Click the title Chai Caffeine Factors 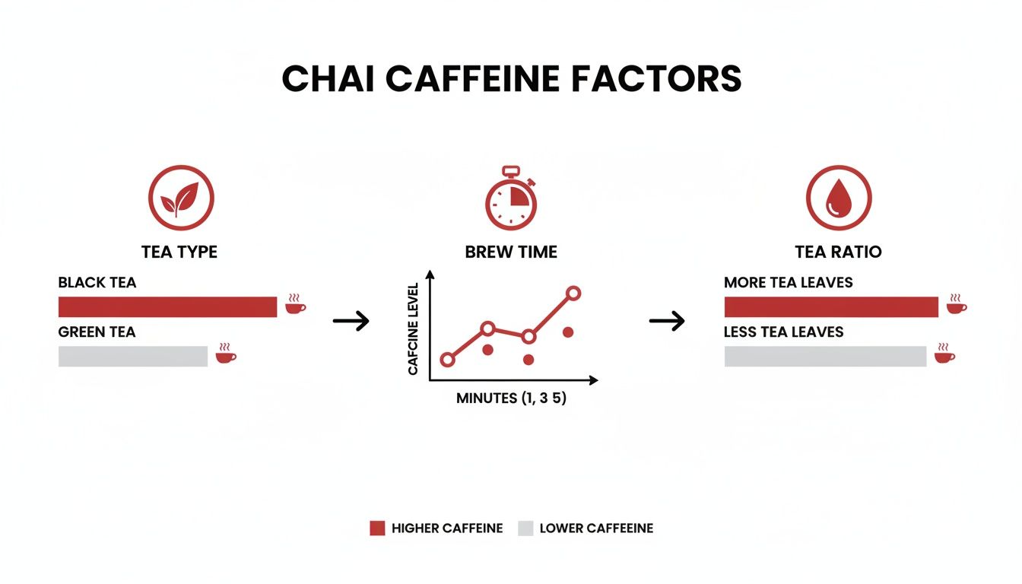click(511, 79)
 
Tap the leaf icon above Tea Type click(180, 198)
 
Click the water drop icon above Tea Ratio click(838, 198)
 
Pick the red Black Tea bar click(167, 307)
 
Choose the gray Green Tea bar click(133, 357)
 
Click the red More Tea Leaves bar click(831, 307)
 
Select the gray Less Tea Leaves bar click(825, 357)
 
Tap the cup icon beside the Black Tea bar click(295, 304)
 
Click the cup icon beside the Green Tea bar click(226, 354)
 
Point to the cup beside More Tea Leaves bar click(957, 304)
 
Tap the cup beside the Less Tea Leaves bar click(944, 354)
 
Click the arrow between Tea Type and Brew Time click(351, 321)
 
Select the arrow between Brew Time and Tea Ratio click(666, 321)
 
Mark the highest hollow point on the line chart click(573, 293)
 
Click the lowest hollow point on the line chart click(447, 360)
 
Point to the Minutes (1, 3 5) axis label click(511, 398)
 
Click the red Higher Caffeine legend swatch click(377, 528)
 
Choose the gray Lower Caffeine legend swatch click(525, 528)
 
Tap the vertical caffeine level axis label click(414, 329)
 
